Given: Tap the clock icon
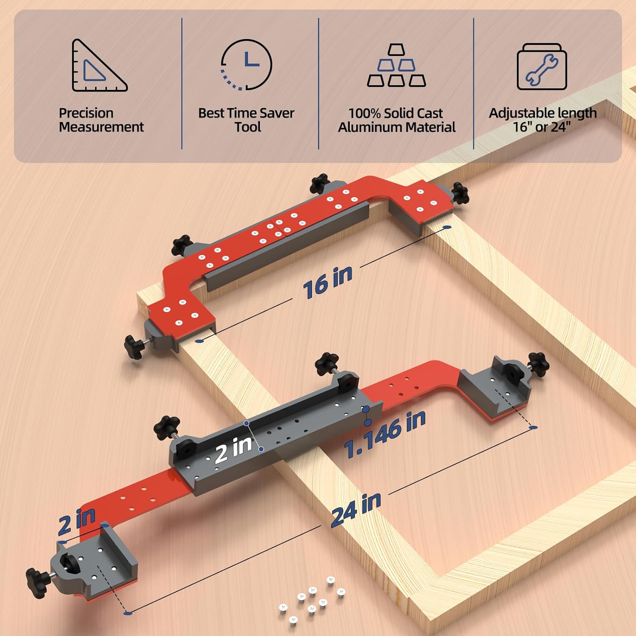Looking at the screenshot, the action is coord(246,64).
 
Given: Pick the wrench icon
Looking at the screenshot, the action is coord(542,67).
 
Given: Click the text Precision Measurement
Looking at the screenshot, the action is coord(101,120).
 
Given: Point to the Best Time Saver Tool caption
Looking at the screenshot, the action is coord(246,120).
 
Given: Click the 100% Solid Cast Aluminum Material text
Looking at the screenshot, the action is coord(396,120).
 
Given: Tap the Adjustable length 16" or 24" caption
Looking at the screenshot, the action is coord(542,120).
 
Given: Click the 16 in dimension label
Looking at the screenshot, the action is coord(327,282).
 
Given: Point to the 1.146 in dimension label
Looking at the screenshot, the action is coord(385,435).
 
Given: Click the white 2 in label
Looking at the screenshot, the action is coord(233,449).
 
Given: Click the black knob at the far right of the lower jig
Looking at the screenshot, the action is coord(538,364).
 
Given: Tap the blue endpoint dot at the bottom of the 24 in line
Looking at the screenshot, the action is coord(127,613).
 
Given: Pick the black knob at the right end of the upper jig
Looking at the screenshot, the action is coord(460,193).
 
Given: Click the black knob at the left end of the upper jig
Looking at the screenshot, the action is coord(134,347).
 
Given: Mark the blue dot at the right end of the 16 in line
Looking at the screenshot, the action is coord(446,228).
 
